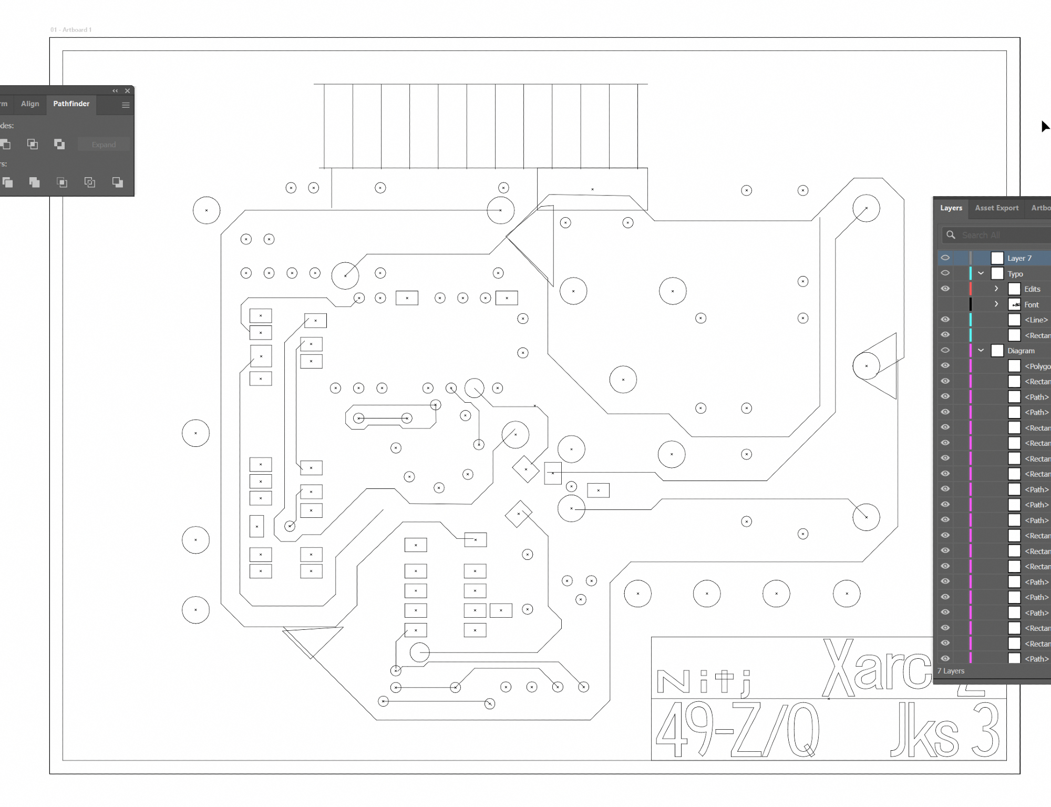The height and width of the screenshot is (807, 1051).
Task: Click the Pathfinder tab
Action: click(x=71, y=104)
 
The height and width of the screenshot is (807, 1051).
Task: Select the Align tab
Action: click(x=30, y=104)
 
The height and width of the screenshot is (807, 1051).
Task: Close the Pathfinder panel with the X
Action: click(x=127, y=91)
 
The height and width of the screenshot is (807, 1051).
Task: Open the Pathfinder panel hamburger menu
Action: click(x=126, y=105)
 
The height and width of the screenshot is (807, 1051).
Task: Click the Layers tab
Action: click(x=951, y=208)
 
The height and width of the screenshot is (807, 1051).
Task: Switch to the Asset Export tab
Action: click(x=996, y=208)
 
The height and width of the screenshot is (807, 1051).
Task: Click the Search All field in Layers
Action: click(x=998, y=235)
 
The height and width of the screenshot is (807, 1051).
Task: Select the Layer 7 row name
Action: click(x=1019, y=258)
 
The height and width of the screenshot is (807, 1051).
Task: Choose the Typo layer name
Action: click(x=1015, y=274)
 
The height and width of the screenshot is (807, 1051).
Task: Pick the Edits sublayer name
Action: click(x=1032, y=289)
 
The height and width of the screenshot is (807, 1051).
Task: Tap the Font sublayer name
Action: click(x=1031, y=305)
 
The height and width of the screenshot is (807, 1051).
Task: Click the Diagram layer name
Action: click(x=1021, y=351)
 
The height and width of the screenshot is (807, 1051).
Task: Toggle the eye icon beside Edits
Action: click(x=945, y=289)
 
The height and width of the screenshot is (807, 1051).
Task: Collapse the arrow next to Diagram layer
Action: click(x=981, y=351)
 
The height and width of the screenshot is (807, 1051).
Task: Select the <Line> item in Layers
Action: click(x=1036, y=320)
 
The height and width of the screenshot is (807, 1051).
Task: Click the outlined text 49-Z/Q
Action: click(x=736, y=731)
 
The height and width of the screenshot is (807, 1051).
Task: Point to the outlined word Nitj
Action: click(x=704, y=682)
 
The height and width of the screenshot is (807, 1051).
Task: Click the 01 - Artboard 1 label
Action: click(x=71, y=30)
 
